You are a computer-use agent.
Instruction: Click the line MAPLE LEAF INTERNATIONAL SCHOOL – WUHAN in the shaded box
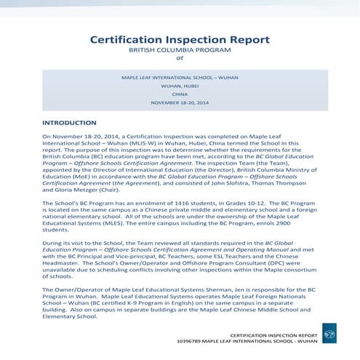pyautogui.click(x=180, y=76)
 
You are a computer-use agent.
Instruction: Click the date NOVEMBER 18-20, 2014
pyautogui.click(x=180, y=103)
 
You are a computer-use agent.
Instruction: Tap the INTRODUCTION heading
pyautogui.click(x=69, y=123)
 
